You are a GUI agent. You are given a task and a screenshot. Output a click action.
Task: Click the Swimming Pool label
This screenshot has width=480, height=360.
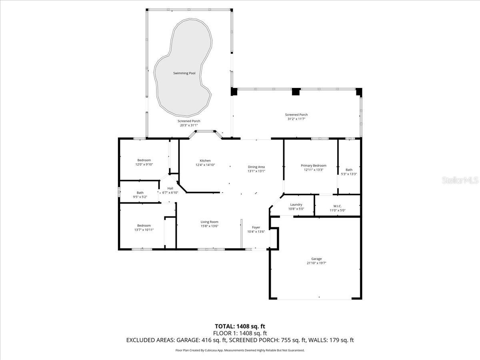[x=184, y=73]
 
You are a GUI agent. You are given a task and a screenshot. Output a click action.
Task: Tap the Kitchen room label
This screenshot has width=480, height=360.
[x=205, y=161]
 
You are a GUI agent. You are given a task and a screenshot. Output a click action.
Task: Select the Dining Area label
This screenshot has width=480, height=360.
[x=256, y=167]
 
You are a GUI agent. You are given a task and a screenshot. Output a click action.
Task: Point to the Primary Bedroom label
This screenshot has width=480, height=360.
[x=314, y=166]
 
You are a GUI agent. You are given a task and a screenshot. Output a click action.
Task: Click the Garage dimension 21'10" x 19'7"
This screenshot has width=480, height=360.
[x=316, y=263]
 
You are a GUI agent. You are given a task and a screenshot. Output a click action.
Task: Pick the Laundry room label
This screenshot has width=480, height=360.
[x=296, y=204]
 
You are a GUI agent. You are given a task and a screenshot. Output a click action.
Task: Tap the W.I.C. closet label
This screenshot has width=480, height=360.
[x=338, y=206]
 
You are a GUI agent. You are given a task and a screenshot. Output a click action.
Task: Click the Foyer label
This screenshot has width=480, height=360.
[x=256, y=227]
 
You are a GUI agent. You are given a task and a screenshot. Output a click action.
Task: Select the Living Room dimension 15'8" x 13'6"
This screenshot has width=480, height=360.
[x=210, y=226]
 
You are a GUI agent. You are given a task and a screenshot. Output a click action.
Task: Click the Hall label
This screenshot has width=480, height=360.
[x=170, y=188]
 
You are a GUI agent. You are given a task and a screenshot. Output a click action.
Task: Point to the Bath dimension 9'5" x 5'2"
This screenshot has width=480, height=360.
[x=140, y=197]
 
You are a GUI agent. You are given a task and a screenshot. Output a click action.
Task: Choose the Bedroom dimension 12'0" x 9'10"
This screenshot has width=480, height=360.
[x=144, y=164]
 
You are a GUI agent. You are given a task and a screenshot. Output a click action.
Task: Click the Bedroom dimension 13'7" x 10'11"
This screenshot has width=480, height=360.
[x=144, y=230]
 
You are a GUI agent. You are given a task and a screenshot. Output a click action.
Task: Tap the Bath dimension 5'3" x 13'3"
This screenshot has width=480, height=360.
[x=349, y=174]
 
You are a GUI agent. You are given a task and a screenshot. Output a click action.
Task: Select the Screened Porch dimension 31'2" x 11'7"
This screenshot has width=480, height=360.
[x=296, y=119]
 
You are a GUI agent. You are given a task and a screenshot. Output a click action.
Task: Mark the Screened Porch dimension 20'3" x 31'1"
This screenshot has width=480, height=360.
[x=189, y=125]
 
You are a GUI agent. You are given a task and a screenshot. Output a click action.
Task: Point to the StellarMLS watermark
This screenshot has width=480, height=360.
[x=460, y=180]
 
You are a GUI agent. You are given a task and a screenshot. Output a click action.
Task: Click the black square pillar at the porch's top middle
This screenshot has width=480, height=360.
[x=296, y=92]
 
